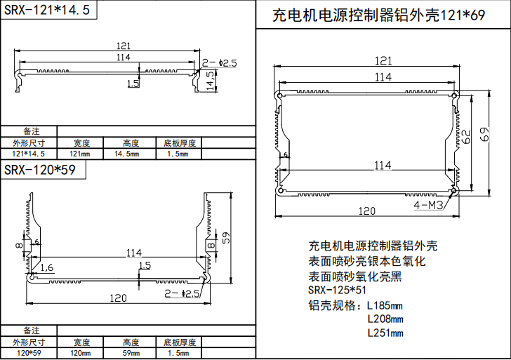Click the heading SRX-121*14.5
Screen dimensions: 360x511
[x=47, y=11]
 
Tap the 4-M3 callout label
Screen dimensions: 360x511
[x=427, y=205]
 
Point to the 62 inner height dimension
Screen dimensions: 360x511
[x=466, y=135]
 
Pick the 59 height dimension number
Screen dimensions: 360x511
[x=225, y=239]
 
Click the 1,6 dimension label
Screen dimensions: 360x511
[x=47, y=267]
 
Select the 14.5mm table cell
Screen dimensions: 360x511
[x=126, y=154]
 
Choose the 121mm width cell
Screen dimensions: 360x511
[x=79, y=154]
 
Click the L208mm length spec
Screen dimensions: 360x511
[x=385, y=319]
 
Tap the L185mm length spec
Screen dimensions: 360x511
[x=385, y=306]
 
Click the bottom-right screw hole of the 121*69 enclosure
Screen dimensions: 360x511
[x=453, y=190]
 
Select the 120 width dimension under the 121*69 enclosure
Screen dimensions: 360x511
[x=366, y=211]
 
